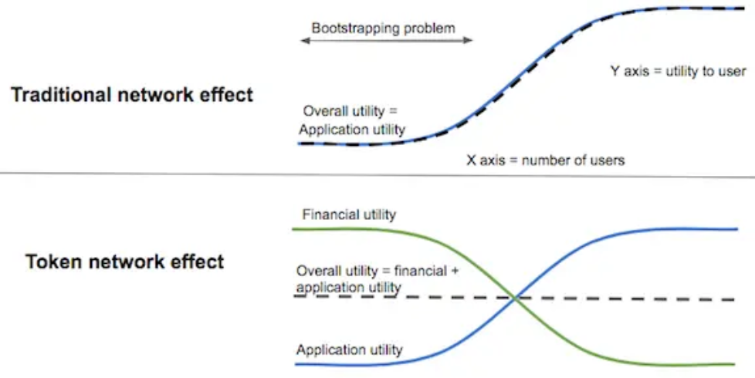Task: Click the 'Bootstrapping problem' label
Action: (x=383, y=28)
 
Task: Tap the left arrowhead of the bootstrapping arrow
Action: (x=304, y=40)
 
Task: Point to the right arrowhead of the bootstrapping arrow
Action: (x=469, y=40)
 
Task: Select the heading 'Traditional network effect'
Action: (x=132, y=94)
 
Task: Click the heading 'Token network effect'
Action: (x=125, y=262)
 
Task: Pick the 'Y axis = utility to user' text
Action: (x=679, y=71)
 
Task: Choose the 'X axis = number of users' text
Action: (x=546, y=160)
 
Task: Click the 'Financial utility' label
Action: (x=349, y=214)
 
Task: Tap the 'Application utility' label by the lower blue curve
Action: (x=349, y=349)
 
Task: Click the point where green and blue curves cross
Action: (x=515, y=299)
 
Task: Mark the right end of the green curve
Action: (x=735, y=364)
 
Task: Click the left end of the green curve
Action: (x=293, y=229)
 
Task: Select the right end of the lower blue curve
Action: (x=737, y=229)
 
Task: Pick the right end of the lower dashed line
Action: (x=735, y=299)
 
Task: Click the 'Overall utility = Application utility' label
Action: (x=352, y=120)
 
